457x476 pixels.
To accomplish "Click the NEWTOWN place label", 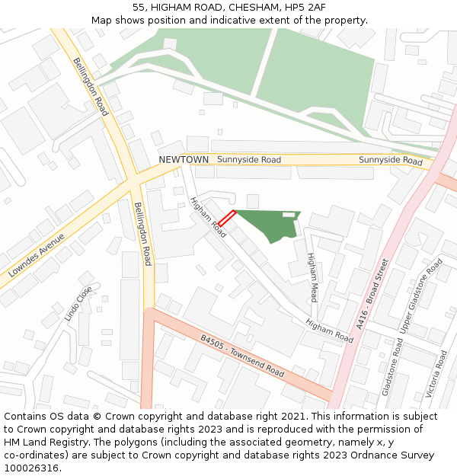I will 184,159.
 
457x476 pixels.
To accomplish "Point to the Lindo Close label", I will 78,303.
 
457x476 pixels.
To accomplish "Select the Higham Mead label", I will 312,277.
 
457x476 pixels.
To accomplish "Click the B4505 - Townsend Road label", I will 242,356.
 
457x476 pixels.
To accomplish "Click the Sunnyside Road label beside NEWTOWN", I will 249,160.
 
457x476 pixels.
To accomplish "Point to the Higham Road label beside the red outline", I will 208,217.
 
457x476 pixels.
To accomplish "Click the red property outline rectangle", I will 222,217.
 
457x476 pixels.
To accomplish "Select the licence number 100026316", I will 31,468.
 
